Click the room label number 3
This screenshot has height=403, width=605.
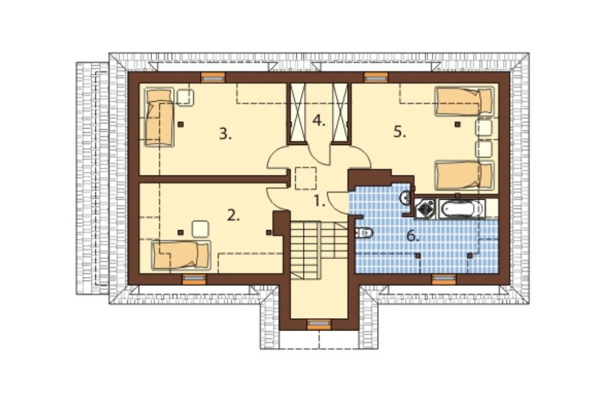click(x=225, y=134)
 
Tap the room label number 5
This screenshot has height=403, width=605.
click(x=400, y=133)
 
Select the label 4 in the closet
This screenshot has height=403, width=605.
click(x=319, y=121)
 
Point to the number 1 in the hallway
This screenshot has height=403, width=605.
click(x=319, y=201)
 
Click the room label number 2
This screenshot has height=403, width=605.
click(x=233, y=215)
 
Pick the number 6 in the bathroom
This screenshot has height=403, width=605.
click(x=413, y=235)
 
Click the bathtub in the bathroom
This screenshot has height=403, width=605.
click(x=462, y=209)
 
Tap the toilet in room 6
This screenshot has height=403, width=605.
click(x=364, y=233)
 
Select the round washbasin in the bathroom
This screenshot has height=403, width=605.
click(x=405, y=198)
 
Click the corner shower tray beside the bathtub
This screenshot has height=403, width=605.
click(x=425, y=209)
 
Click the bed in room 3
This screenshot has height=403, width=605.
click(x=159, y=117)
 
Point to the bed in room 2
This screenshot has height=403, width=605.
click(x=181, y=255)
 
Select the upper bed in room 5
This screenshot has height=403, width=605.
click(x=465, y=101)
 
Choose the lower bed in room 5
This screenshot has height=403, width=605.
click(x=465, y=175)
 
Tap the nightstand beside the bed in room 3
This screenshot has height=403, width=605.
click(x=185, y=97)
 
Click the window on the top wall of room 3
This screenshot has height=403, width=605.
click(x=212, y=77)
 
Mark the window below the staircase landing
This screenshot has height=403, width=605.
click(x=319, y=324)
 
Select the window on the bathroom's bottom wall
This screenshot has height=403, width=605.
click(x=443, y=279)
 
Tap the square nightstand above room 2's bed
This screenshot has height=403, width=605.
click(x=200, y=229)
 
